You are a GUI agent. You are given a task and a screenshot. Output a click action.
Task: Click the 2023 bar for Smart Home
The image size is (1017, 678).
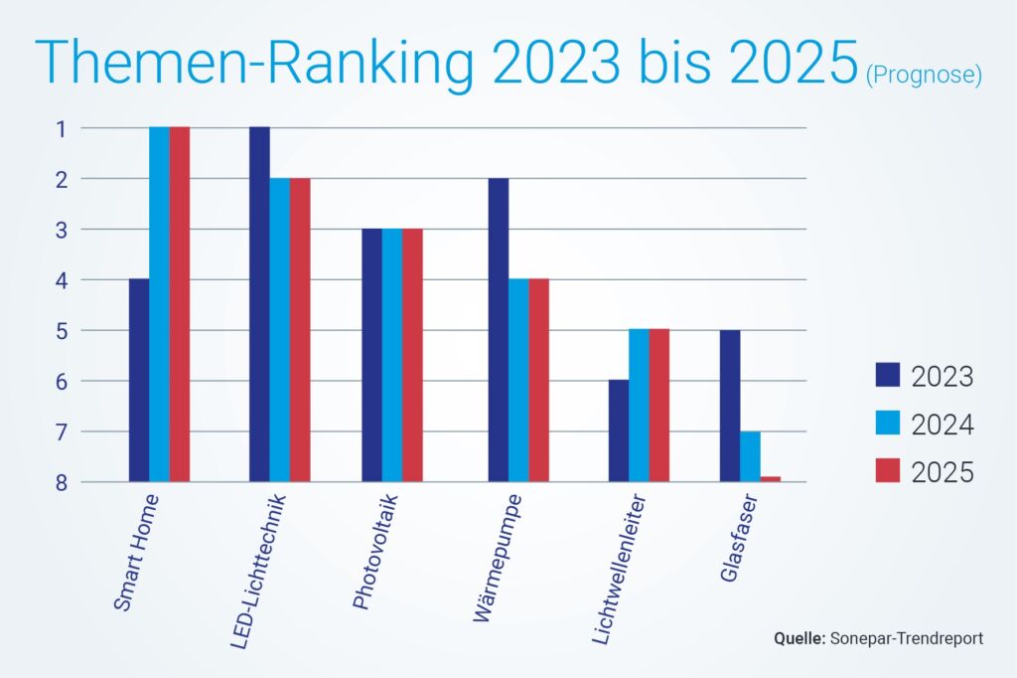pos(139,380)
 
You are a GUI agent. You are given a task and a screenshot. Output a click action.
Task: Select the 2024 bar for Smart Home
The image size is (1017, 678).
pos(159,304)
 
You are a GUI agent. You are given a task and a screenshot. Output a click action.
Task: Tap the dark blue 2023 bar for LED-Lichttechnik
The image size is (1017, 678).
pos(259,304)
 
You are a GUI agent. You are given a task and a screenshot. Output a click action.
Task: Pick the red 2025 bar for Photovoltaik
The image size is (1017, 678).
pos(412,355)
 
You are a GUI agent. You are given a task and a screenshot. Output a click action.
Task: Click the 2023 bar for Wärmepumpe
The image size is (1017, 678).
pos(499,330)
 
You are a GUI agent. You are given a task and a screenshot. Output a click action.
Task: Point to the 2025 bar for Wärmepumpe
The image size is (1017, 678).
pos(539,380)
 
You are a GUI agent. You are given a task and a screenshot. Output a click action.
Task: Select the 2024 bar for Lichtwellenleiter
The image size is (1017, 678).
pos(639,406)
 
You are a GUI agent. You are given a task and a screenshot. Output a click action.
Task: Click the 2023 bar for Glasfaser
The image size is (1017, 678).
pos(730,406)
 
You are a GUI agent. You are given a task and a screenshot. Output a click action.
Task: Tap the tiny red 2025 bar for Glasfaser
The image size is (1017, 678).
pos(771,479)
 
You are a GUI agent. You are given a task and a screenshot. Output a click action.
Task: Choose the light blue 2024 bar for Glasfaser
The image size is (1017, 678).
pos(750,456)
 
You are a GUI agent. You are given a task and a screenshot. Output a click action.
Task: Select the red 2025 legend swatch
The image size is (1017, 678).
pos(887,472)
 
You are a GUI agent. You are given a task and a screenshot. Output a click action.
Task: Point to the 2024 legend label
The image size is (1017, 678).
pos(942,425)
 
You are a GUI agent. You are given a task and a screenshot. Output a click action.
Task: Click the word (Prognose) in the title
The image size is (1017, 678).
pos(923,75)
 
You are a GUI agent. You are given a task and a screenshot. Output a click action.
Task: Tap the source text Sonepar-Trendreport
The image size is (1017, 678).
pos(905,638)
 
